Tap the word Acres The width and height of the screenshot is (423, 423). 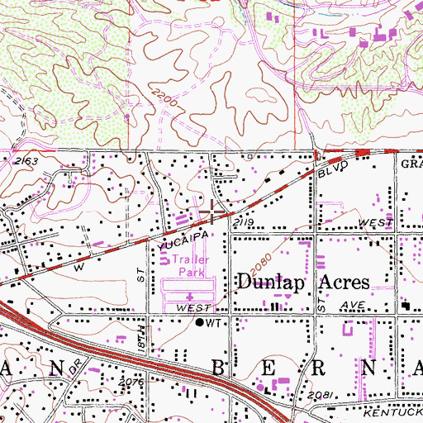339,282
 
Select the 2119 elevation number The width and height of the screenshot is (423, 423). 241,223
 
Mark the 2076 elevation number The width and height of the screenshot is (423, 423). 131,383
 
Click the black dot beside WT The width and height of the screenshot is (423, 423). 199,323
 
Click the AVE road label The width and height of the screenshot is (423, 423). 355,307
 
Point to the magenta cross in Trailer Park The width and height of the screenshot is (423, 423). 190,295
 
